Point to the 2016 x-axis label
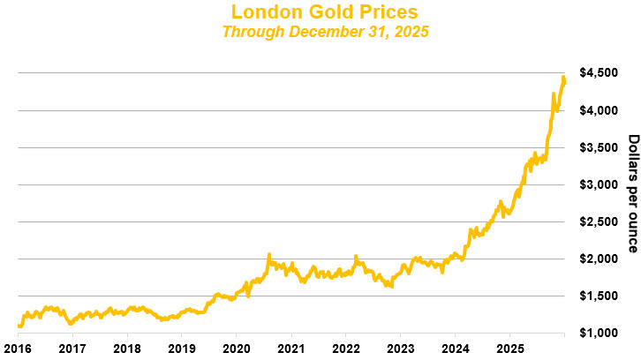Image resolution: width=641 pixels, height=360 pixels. (18, 349)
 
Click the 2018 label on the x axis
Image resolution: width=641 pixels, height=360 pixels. (127, 349)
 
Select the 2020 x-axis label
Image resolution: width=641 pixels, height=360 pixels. (237, 349)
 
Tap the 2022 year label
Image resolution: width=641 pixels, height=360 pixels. (346, 349)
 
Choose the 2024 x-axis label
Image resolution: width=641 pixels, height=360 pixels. (456, 349)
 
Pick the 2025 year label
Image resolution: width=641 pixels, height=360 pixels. (510, 349)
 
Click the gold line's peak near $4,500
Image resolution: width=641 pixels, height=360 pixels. (563, 78)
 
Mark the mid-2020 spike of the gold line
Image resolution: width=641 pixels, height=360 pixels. (268, 255)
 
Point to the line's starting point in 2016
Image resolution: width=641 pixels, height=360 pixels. (19, 326)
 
